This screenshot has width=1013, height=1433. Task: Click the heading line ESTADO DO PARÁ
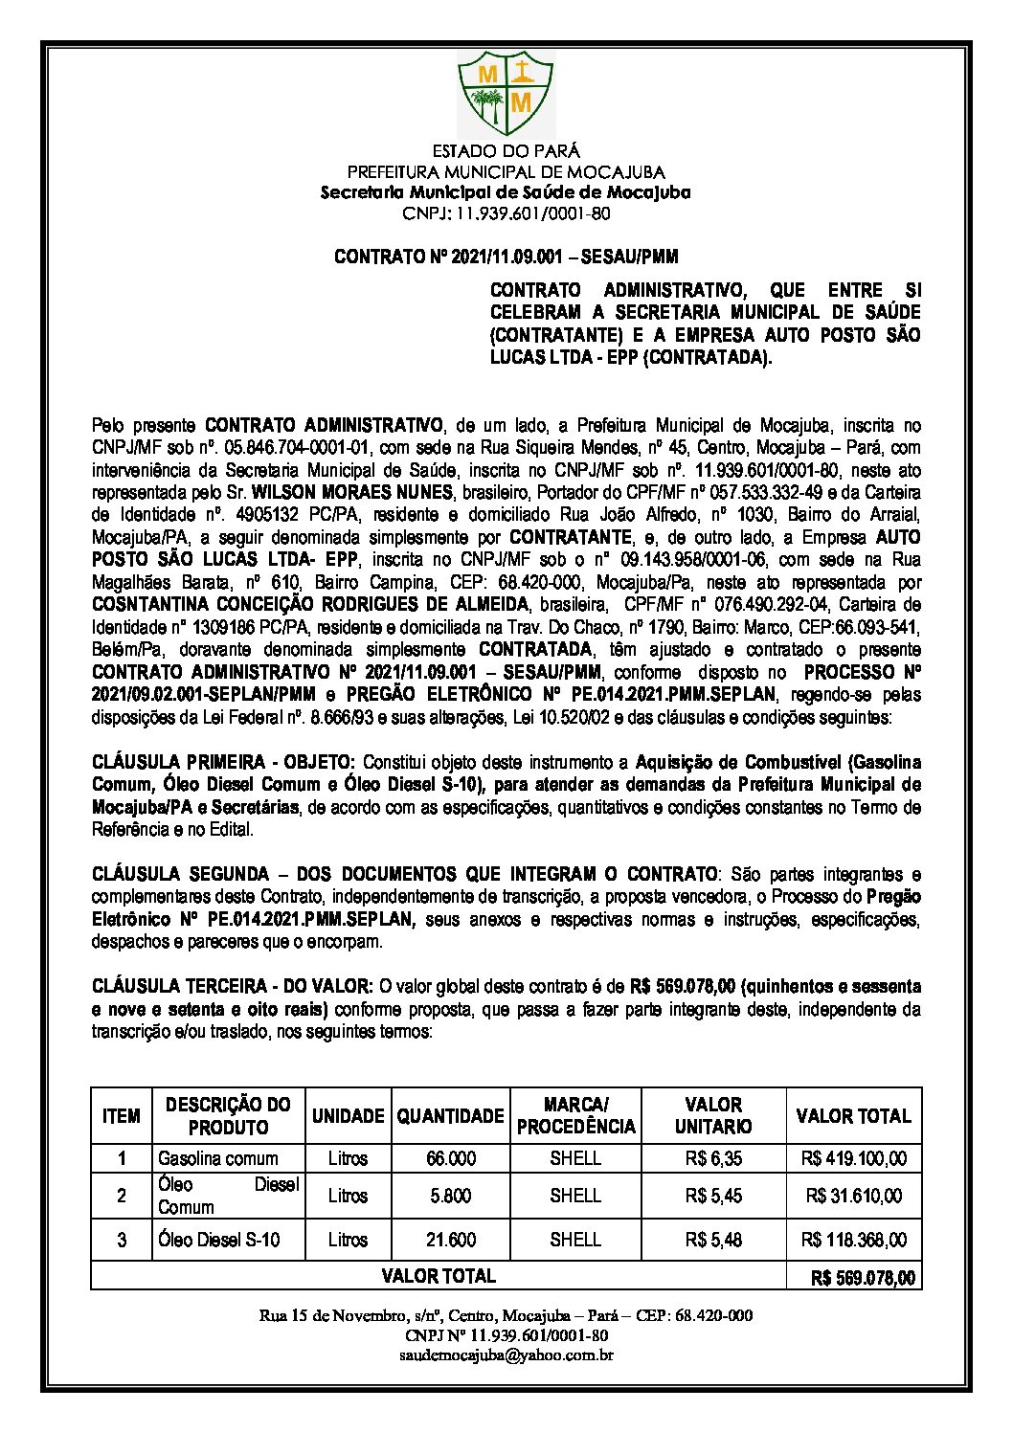tap(506, 151)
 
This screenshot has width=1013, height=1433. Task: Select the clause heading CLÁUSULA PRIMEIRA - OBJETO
tap(223, 762)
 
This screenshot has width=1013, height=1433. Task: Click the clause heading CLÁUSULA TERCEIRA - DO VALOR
tap(233, 984)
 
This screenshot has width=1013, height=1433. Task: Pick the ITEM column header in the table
tap(122, 1115)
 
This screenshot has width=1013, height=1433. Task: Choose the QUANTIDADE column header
tap(450, 1115)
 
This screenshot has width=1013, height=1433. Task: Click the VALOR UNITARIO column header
tap(713, 1115)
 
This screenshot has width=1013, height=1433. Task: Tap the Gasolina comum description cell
tap(218, 1158)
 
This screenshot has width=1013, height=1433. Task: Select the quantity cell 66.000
tap(450, 1158)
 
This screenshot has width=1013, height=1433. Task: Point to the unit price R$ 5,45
tap(713, 1196)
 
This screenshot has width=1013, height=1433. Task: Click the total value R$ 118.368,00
tap(855, 1240)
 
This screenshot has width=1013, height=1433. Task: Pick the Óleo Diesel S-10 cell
tap(219, 1240)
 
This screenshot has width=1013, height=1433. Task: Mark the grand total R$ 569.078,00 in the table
tap(862, 1277)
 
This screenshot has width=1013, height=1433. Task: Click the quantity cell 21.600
tap(450, 1240)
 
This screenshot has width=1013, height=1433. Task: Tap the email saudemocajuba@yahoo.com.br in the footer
tap(506, 1355)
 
